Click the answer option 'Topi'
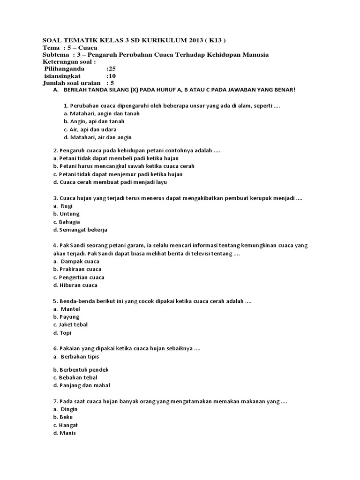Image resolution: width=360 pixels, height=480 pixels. coord(65,333)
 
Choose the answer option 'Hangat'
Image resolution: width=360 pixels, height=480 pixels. coord(69,425)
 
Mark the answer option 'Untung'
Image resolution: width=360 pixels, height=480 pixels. coord(69,214)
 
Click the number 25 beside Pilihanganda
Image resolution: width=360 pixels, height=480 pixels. coord(112,68)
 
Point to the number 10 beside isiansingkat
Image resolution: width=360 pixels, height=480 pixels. coord(112,75)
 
